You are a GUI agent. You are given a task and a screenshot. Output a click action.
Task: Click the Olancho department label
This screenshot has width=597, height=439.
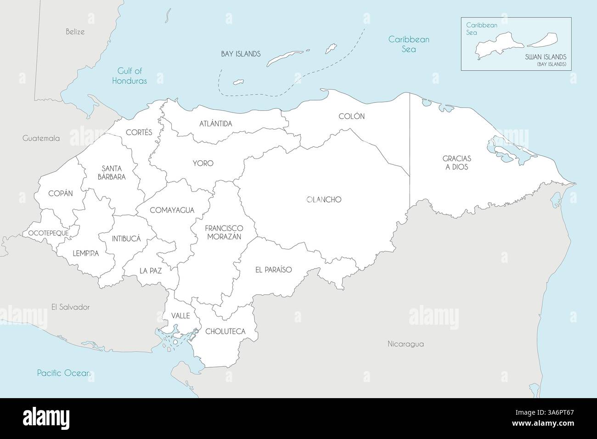[x=324, y=200]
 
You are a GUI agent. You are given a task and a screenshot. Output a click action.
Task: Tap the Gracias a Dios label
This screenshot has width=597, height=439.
[x=456, y=163]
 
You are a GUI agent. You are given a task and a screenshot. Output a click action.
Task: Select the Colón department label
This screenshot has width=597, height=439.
[x=351, y=116]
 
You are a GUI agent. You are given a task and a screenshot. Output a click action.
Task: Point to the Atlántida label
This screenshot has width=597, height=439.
[x=215, y=124]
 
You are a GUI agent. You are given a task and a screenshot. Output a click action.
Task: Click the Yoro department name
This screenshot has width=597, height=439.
[x=203, y=163]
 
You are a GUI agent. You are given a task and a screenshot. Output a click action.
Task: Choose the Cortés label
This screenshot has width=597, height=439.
[x=139, y=132]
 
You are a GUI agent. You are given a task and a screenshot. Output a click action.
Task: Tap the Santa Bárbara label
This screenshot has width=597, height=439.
[x=111, y=172]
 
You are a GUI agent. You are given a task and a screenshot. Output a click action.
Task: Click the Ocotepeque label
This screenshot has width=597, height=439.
[x=48, y=233]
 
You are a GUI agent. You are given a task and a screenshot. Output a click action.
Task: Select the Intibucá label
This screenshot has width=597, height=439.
[x=126, y=239]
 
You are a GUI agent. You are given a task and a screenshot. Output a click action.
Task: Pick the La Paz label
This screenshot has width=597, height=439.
[x=151, y=270]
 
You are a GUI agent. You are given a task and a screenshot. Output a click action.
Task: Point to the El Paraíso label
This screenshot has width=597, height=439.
[x=273, y=270]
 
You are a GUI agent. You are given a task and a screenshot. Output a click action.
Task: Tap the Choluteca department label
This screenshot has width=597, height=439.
[x=225, y=331]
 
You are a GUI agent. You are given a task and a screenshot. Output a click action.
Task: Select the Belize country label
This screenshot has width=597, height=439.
[x=75, y=32]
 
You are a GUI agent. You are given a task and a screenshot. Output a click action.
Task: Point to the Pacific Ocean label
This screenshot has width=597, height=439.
[x=63, y=373]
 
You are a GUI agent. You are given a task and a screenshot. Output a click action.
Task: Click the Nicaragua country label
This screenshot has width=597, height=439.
[x=405, y=343]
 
